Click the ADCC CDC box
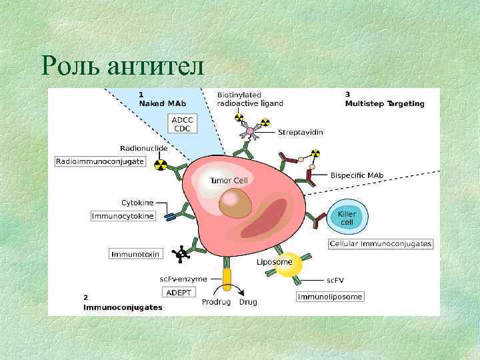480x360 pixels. (x=183, y=124)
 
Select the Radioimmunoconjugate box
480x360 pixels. (x=101, y=161)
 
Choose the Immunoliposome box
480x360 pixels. (x=330, y=297)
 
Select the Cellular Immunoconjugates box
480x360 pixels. (x=381, y=244)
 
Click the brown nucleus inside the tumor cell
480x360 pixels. (x=235, y=203)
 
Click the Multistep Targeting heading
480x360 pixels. (x=384, y=103)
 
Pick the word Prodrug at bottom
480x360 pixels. (x=216, y=302)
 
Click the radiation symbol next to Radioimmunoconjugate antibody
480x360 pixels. (x=161, y=163)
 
